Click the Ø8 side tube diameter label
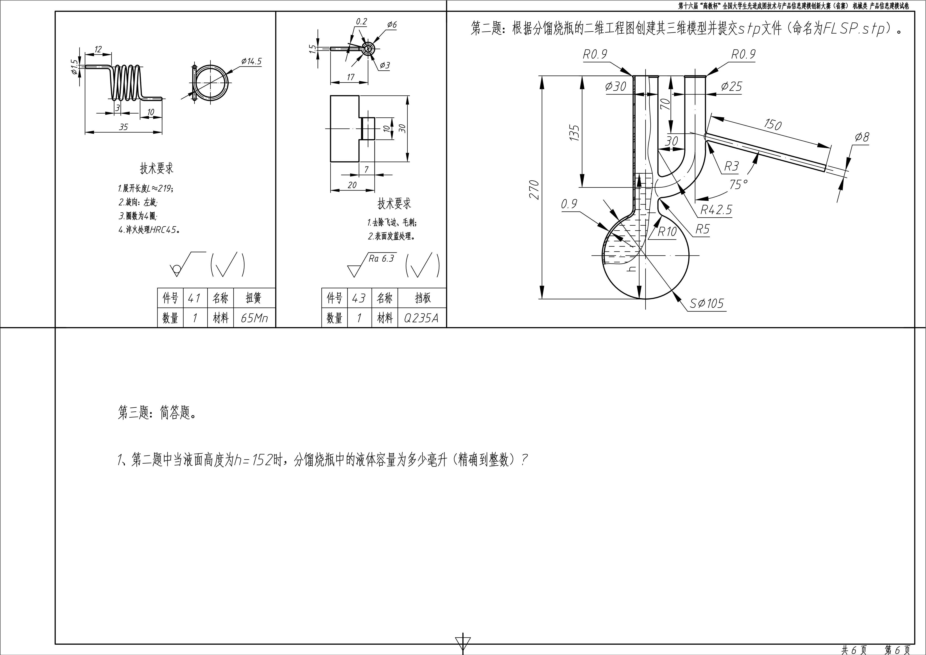point(862,137)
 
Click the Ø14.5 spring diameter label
point(252,61)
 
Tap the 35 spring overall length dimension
point(123,127)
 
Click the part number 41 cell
point(195,298)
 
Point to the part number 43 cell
point(359,298)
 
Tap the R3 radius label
point(731,166)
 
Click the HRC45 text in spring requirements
point(164,230)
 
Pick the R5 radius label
point(702,229)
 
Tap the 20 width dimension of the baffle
point(352,185)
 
